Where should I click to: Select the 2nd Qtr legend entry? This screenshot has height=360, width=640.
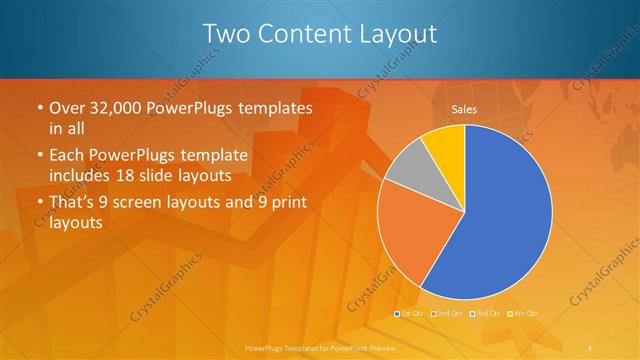447,314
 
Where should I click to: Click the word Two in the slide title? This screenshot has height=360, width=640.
225,35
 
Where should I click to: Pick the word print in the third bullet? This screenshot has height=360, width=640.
287,203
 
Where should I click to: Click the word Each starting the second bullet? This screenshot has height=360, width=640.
68,157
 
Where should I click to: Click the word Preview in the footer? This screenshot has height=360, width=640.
378,347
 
